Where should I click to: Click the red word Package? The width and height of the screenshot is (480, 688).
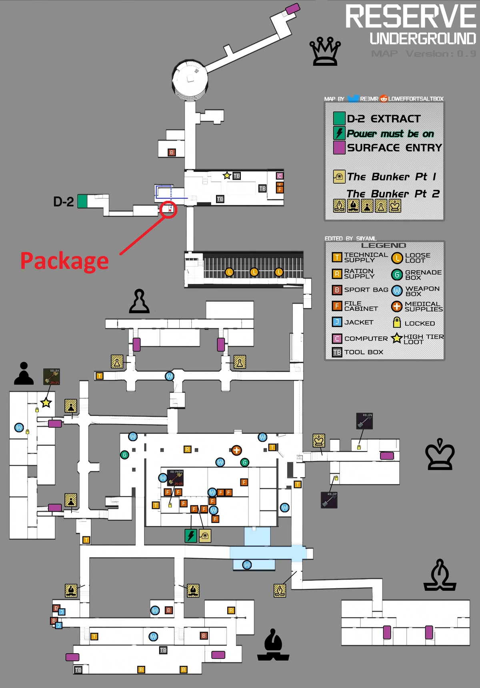pos(64,261)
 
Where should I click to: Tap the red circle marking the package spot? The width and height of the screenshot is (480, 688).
pos(168,210)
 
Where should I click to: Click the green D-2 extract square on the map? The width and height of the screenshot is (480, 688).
pos(82,201)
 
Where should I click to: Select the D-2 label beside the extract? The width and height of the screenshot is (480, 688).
pos(64,202)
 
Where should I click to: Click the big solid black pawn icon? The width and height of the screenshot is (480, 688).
pos(24,374)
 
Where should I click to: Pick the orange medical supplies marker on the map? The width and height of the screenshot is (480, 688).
pos(236,450)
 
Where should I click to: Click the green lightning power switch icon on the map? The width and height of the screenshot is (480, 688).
pos(191,536)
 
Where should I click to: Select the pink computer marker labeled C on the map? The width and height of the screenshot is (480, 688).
pos(280,176)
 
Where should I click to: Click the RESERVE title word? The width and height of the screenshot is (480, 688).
pos(410,17)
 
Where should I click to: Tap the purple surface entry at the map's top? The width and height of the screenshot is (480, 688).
pos(292,8)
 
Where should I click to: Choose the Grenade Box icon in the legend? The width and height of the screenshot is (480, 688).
pos(397,274)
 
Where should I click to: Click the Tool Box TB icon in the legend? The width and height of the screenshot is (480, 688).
pos(337,352)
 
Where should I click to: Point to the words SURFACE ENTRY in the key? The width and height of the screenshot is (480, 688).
pos(394,148)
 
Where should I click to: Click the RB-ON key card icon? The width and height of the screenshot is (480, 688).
pos(364,421)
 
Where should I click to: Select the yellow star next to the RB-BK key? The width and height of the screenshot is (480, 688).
pos(46,402)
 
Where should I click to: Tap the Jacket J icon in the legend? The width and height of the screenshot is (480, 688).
pos(337,322)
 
